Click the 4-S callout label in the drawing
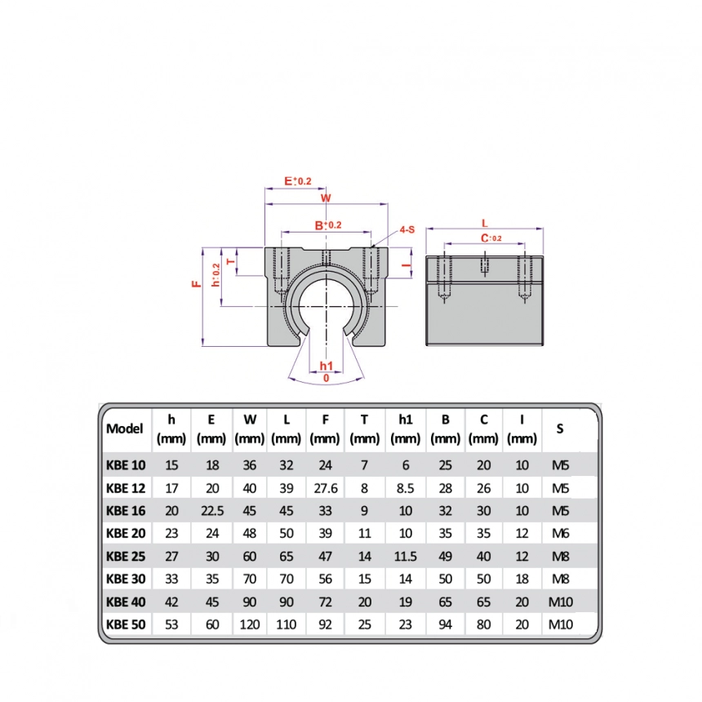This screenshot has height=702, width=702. click(x=407, y=230)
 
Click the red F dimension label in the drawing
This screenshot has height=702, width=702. click(x=196, y=284)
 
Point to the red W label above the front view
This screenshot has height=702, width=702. click(x=325, y=198)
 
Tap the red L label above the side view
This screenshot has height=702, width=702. click(x=485, y=222)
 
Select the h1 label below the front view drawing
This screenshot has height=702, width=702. click(x=326, y=365)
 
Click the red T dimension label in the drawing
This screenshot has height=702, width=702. click(x=230, y=262)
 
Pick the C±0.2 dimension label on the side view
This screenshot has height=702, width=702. click(x=491, y=238)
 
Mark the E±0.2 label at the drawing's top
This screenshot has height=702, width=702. click(x=297, y=180)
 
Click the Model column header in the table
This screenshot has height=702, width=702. click(x=125, y=429)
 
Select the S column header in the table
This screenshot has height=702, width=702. click(x=559, y=429)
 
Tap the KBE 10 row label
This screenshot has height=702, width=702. click(x=126, y=466)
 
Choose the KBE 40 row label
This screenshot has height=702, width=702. click(x=126, y=602)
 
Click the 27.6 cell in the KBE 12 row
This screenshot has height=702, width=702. click(x=325, y=489)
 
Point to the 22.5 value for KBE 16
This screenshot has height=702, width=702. click(x=211, y=512)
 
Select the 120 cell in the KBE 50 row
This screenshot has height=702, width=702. click(x=250, y=625)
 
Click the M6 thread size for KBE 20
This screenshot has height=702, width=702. click(x=560, y=534)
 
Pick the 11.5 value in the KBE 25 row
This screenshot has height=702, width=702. click(x=405, y=557)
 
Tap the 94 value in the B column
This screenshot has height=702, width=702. click(x=445, y=625)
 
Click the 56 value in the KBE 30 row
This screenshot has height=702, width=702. click(x=325, y=580)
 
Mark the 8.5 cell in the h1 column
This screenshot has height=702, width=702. click(x=405, y=489)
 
